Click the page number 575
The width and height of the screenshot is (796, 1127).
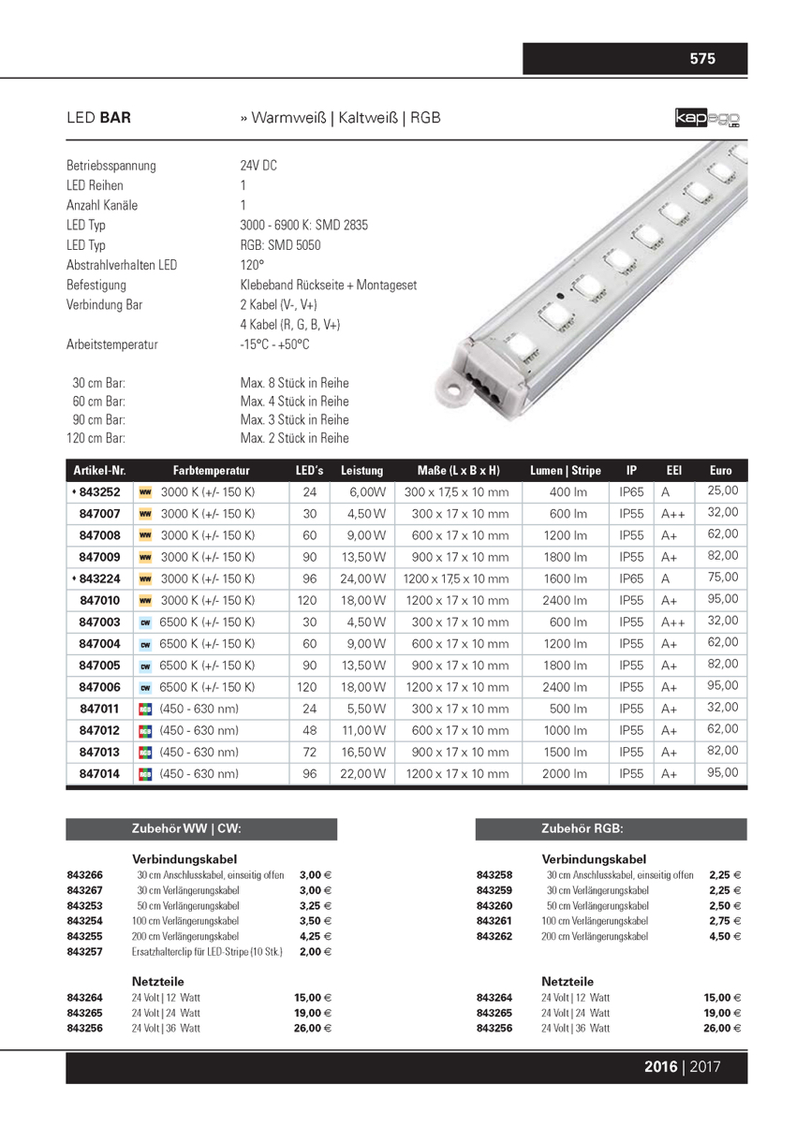coord(702,59)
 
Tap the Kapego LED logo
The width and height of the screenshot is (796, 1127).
coord(709,119)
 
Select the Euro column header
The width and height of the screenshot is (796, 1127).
coord(721,471)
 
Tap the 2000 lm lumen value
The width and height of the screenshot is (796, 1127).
coord(568,774)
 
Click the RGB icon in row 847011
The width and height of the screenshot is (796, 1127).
coord(145,710)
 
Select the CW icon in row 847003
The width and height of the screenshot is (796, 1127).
coord(145,622)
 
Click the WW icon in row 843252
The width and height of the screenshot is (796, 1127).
coord(145,492)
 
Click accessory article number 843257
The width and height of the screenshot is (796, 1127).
coord(84,951)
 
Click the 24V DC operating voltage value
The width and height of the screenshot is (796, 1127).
coord(258,166)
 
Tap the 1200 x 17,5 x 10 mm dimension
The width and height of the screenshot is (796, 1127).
coord(455,579)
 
